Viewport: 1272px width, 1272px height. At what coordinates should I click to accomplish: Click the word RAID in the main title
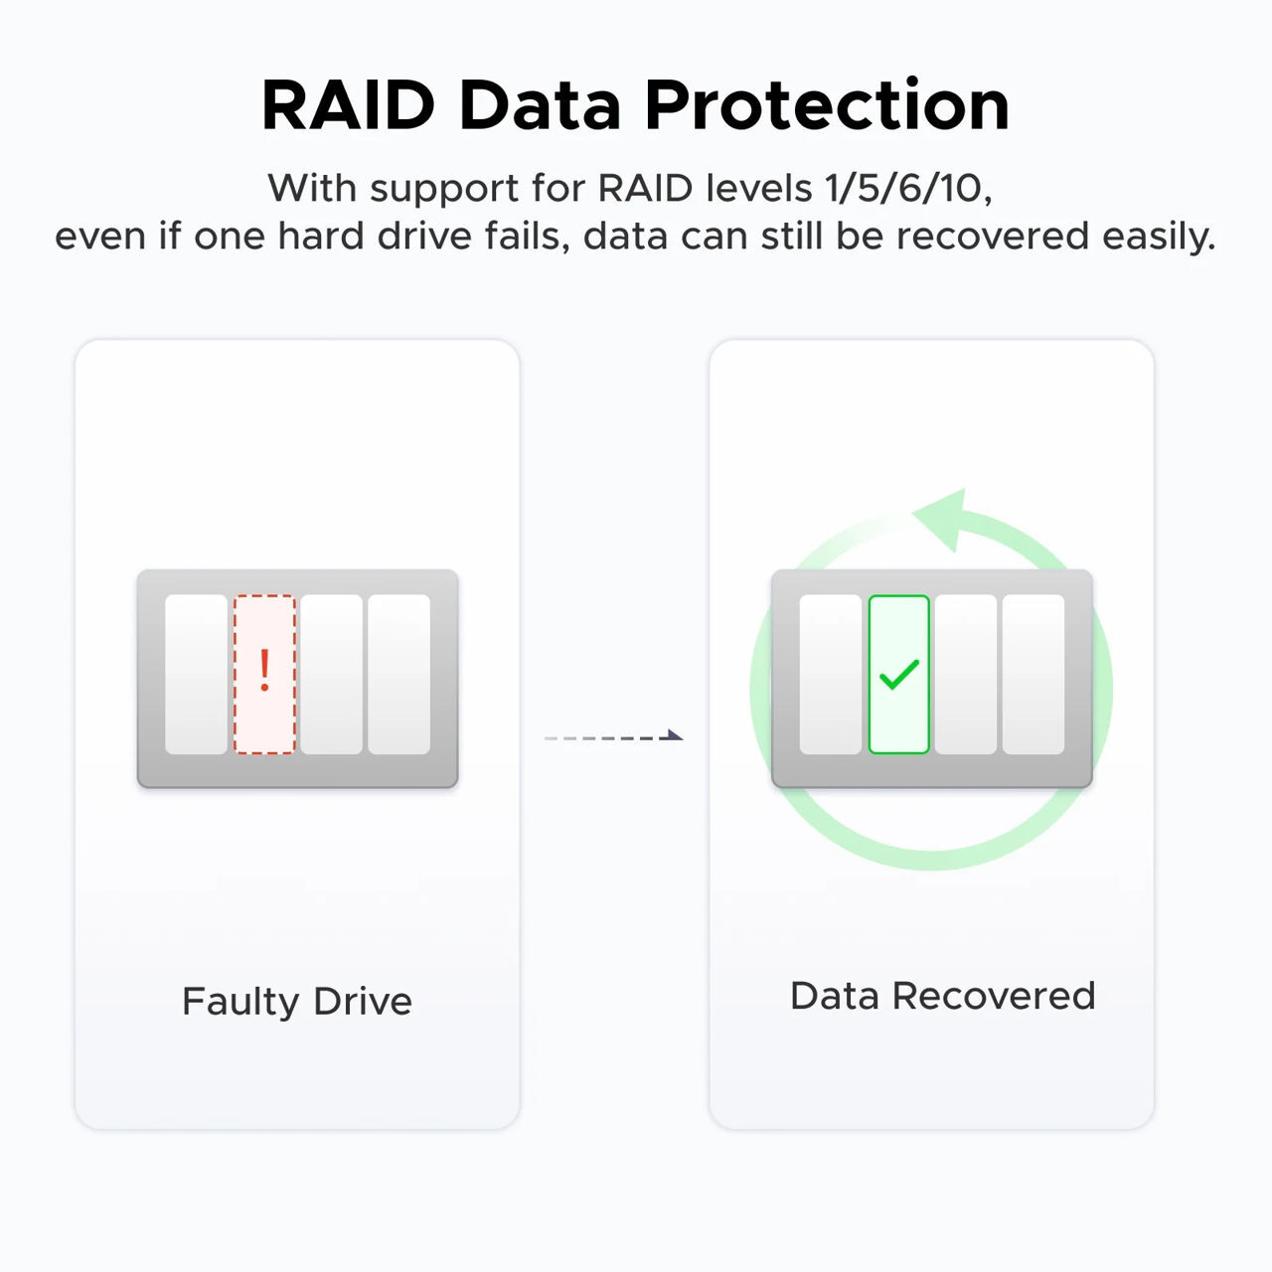348,104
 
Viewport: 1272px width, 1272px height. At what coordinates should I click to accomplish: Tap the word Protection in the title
827,104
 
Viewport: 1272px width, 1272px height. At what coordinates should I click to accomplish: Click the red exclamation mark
264,671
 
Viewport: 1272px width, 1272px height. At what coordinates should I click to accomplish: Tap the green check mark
899,675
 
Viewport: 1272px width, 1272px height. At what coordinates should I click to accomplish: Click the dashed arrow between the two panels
614,737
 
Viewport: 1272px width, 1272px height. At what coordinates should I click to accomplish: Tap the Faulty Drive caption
296,1001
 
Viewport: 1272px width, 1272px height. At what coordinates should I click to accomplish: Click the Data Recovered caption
942,996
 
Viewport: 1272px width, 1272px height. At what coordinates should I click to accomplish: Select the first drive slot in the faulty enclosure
196,674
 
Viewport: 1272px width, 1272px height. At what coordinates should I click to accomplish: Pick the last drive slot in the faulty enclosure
398,674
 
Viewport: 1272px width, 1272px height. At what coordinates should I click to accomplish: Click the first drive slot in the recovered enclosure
831,674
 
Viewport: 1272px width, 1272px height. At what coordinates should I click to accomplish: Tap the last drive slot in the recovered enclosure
1033,674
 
